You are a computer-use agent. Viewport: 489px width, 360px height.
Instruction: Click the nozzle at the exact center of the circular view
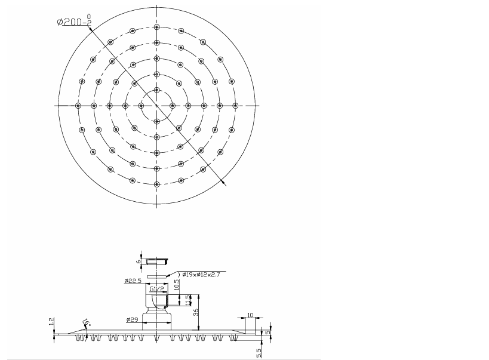pos(156,106)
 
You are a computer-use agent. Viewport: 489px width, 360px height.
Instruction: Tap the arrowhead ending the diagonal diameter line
pos(224,184)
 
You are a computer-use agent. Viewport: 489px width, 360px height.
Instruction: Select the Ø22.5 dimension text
pos(133,280)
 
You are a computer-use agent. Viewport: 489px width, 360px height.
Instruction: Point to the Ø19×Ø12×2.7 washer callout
pos(202,274)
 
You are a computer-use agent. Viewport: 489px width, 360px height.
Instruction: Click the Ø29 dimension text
pos(133,320)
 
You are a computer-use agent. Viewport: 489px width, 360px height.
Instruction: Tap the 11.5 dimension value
pos(187,300)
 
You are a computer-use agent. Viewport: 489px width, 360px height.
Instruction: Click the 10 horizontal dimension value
pos(250,314)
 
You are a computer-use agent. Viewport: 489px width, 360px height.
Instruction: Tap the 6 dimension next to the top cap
pos(139,261)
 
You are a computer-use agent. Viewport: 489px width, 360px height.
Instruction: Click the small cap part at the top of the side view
pos(157,261)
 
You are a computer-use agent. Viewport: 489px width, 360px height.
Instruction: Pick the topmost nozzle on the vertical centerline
pos(156,27)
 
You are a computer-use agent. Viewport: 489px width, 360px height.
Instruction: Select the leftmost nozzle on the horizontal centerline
pos(78,106)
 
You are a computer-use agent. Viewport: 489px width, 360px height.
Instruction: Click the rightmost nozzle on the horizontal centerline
pos(235,106)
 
